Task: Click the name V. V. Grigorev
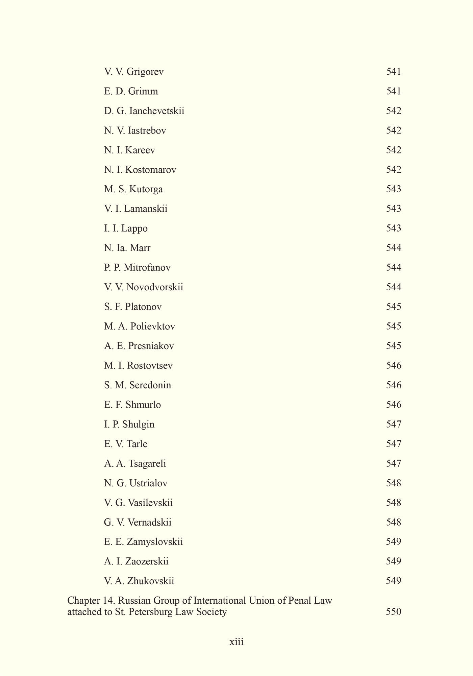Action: pos(134,72)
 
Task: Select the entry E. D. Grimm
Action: pos(131,91)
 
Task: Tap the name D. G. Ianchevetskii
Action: pos(144,111)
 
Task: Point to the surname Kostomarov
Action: pos(151,170)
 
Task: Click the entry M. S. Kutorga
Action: pos(133,189)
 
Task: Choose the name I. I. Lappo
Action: pos(126,228)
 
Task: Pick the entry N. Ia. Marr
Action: pos(127,248)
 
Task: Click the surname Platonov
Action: pos(143,307)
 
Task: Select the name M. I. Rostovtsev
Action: pos(138,366)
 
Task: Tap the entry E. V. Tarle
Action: pos(126,444)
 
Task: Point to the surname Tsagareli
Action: pos(147,463)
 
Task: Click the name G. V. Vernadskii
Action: pos(138,523)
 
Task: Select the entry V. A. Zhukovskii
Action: pos(139,581)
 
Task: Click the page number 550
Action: pos(394,612)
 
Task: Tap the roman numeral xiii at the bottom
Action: pos(236,642)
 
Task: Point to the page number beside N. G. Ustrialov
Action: pos(394,483)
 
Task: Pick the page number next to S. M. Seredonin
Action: pos(394,385)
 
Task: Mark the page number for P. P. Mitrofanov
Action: pos(394,268)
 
